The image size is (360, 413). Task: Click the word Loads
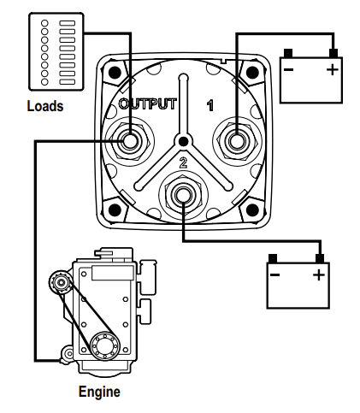pyautogui.click(x=45, y=106)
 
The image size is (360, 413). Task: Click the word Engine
pyautogui.click(x=99, y=392)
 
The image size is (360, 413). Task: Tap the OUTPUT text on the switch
pyautogui.click(x=148, y=104)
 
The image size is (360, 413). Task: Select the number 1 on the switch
pyautogui.click(x=210, y=105)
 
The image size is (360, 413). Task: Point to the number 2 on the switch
pyautogui.click(x=183, y=162)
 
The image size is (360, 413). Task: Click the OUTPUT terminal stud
pyautogui.click(x=130, y=141)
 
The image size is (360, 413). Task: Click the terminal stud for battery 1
pyautogui.click(x=237, y=141)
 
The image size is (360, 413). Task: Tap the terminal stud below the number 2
pyautogui.click(x=183, y=195)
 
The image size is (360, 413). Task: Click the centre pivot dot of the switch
pyautogui.click(x=184, y=141)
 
